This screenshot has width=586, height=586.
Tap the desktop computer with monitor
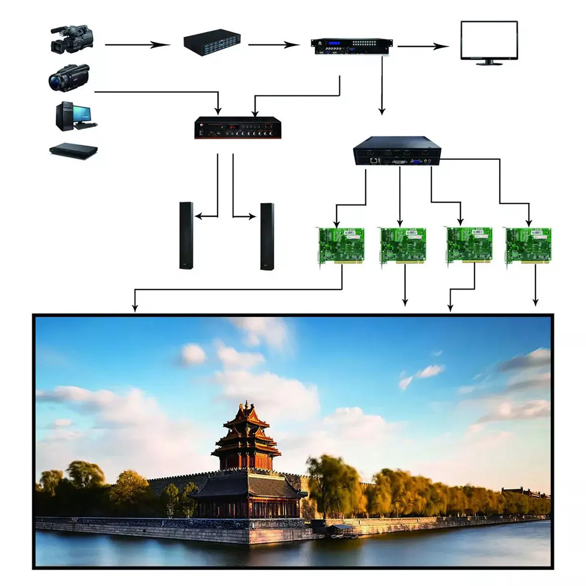(75, 115)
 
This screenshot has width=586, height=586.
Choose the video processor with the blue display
(352, 46)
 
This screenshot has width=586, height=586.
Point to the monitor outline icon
(489, 42)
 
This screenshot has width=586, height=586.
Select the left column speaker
(186, 236)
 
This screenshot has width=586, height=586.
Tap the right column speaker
(267, 236)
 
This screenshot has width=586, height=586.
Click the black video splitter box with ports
(397, 150)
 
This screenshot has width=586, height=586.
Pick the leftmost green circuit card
(341, 245)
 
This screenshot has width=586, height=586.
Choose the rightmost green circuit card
(529, 245)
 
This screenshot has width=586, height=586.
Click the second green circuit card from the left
(403, 245)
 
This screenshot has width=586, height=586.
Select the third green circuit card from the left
(469, 245)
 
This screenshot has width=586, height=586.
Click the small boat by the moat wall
(341, 530)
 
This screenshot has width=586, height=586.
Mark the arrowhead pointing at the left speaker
(197, 217)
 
